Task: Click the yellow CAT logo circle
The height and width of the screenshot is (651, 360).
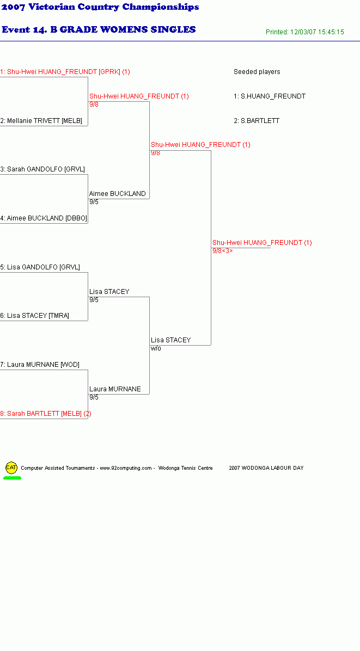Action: pos(11,468)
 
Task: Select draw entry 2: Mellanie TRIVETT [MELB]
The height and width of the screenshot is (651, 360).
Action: pos(41,121)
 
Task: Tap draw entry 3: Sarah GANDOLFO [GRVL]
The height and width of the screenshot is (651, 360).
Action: pos(42,169)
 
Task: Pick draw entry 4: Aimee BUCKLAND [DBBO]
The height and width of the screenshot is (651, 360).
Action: pos(44,218)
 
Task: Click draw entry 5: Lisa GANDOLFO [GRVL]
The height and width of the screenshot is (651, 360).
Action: pos(40,267)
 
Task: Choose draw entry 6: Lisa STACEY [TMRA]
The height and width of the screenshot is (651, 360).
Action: pos(35,316)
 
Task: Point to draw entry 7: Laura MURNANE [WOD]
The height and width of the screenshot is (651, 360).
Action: pos(40,365)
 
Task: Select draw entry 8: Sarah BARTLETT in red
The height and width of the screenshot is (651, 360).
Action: pos(46,414)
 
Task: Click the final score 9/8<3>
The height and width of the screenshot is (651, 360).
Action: pos(223,251)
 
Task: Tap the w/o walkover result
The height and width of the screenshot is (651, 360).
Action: pos(156,348)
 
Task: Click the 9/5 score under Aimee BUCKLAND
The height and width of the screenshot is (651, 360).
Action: pos(94,202)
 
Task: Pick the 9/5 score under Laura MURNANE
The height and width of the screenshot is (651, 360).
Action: pos(94,397)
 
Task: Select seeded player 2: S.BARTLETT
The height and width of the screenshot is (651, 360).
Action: pos(257,121)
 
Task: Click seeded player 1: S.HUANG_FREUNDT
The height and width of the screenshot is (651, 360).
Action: pos(270,96)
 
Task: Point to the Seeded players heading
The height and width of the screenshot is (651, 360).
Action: pos(257,72)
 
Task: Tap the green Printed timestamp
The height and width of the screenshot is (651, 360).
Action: pos(305,32)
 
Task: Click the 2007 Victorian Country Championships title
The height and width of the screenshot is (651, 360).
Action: pos(100,7)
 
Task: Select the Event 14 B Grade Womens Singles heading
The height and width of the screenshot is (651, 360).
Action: pos(99,29)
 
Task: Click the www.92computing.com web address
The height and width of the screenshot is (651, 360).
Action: pos(126,468)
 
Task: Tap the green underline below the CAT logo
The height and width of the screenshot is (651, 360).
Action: pos(12,478)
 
